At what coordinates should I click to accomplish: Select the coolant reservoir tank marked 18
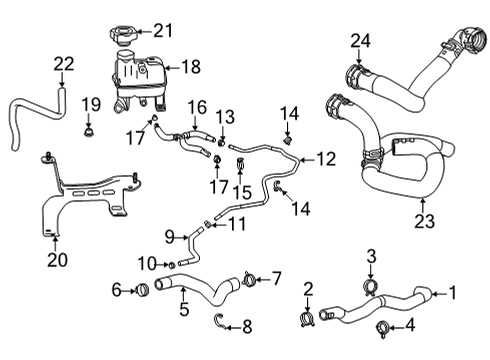[135, 78]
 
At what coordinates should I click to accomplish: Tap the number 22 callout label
[63, 64]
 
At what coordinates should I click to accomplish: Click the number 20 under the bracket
[55, 262]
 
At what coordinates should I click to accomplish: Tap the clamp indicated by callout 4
[382, 327]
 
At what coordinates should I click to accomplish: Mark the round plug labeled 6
[140, 291]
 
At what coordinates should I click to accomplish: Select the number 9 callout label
[169, 237]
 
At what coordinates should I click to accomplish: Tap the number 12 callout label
[326, 157]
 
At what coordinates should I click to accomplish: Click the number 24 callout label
[359, 41]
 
